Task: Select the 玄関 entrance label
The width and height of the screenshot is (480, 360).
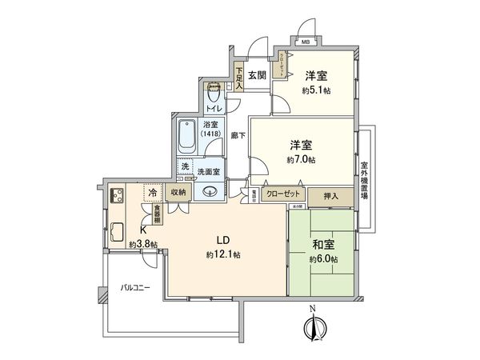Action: click(x=256, y=76)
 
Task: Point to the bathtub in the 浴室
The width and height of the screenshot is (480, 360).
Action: click(x=189, y=136)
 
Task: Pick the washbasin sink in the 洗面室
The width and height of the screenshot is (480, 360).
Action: click(x=210, y=190)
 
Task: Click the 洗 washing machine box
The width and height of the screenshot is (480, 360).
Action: click(x=186, y=168)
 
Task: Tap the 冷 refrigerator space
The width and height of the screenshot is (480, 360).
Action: click(x=152, y=193)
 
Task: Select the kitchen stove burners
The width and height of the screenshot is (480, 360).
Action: click(x=115, y=194)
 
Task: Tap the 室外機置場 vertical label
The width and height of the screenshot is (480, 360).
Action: click(x=363, y=178)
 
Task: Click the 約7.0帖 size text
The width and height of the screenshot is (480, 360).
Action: click(x=301, y=160)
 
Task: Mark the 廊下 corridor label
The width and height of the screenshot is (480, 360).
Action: click(x=238, y=137)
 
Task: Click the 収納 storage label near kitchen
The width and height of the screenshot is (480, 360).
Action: click(x=177, y=192)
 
